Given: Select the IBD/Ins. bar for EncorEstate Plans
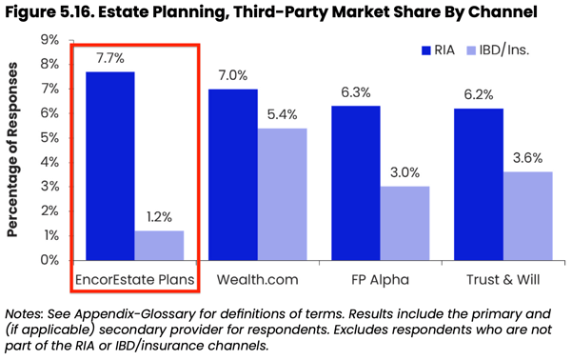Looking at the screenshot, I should [x=159, y=245].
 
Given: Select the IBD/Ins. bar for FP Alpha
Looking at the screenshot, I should [x=404, y=223].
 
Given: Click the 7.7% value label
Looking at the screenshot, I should [x=110, y=59].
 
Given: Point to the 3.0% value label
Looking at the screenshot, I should [x=404, y=174].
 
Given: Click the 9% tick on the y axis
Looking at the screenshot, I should [x=48, y=40].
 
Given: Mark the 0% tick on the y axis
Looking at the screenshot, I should [x=48, y=260].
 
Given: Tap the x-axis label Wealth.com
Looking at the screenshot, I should [x=257, y=281].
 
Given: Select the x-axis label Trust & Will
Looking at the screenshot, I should [x=502, y=281].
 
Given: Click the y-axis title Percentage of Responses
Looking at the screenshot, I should [x=15, y=150].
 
